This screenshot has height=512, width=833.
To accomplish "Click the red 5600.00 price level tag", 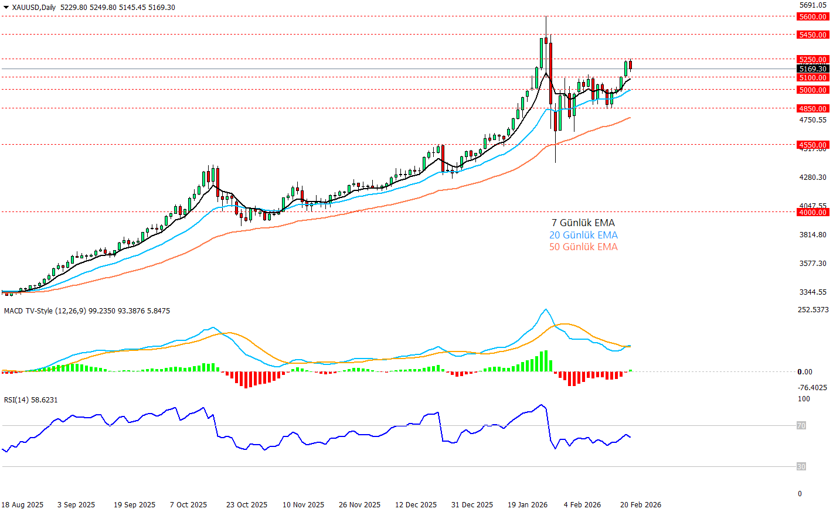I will click(812, 17).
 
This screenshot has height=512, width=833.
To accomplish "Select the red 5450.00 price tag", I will click(812, 35).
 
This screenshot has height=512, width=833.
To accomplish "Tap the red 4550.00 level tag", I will click(812, 145).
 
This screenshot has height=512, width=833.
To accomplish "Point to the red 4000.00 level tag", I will click(812, 213).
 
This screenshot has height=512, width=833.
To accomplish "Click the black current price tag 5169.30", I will click(812, 69).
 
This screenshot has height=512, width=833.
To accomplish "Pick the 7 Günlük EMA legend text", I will click(583, 223).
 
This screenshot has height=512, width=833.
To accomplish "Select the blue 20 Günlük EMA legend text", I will click(583, 235).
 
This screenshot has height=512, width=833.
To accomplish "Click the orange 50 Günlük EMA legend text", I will click(583, 247).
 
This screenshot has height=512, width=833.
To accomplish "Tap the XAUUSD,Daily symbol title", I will click(33, 8).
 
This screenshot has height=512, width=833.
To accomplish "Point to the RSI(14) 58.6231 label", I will click(30, 400).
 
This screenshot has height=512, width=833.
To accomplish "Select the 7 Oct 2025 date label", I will click(188, 505).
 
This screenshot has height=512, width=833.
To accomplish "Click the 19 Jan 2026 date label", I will click(527, 505).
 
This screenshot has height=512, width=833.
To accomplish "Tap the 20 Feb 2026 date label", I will click(640, 505).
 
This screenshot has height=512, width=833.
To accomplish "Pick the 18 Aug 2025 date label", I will click(22, 505).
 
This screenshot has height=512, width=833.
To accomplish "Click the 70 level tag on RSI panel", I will click(801, 426).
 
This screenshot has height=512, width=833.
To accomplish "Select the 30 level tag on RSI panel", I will click(801, 467).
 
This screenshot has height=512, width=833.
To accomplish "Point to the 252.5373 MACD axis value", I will click(813, 310).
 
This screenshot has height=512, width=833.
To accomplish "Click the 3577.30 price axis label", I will click(812, 264).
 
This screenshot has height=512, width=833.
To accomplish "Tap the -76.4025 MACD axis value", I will click(812, 388).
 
